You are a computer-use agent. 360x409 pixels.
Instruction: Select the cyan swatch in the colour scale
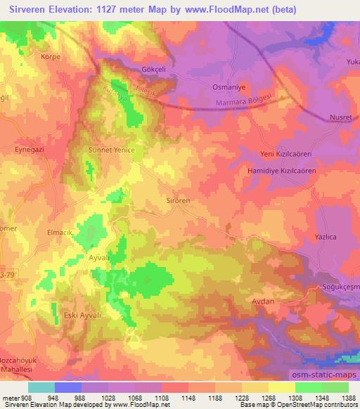pyautogui.click(x=41, y=387)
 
